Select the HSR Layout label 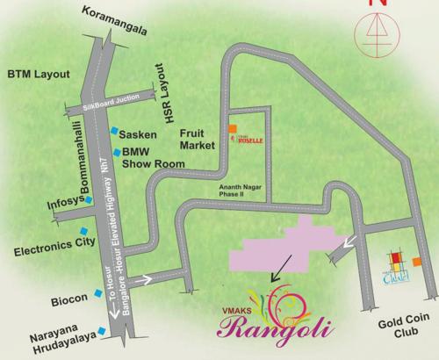pyautogui.click(x=160, y=80)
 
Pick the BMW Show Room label pyautogui.click(x=148, y=156)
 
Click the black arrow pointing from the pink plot pyautogui.click(x=280, y=266)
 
